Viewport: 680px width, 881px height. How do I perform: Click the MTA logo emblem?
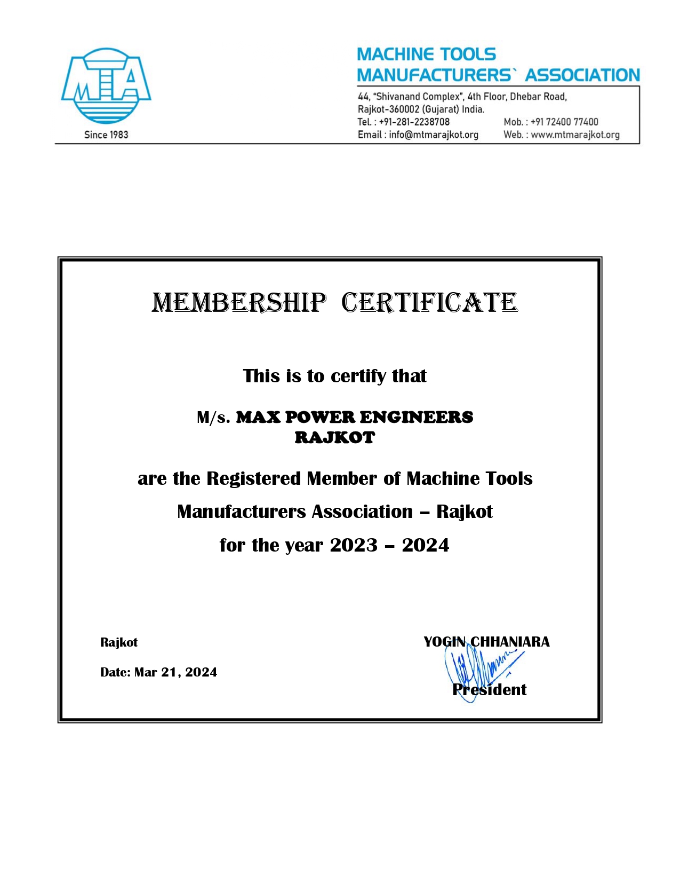[106, 85]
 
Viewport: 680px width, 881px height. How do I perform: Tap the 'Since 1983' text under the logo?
[106, 135]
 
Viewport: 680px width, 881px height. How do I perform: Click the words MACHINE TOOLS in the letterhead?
[426, 54]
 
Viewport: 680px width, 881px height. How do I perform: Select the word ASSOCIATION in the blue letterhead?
[582, 75]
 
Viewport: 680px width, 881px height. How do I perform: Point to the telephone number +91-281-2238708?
[414, 122]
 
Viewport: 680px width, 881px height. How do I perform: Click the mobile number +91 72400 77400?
[564, 122]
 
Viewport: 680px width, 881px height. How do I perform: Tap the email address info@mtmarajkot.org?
[433, 135]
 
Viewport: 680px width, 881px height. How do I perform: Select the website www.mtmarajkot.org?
[575, 135]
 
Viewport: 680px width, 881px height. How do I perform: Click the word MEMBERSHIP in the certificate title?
[238, 303]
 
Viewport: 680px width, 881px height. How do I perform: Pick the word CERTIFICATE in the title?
[429, 303]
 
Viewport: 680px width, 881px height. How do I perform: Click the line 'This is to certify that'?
[335, 376]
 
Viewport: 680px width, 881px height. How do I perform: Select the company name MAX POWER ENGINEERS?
[355, 417]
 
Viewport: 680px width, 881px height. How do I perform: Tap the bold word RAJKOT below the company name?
[335, 437]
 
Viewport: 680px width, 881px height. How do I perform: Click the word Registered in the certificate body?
[254, 478]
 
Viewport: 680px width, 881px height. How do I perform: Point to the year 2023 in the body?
[354, 545]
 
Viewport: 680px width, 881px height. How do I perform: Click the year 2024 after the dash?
[426, 545]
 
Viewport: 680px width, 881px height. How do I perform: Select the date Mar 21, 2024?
[175, 672]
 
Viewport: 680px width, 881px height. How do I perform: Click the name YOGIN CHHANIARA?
[486, 642]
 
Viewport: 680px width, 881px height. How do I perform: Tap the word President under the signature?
[490, 690]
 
